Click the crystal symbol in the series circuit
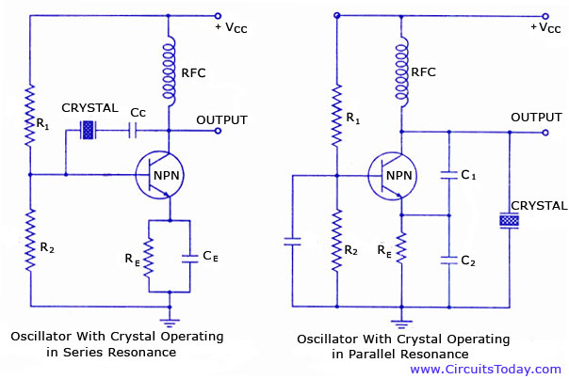[x=89, y=132]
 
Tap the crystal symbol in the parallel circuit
[x=510, y=220]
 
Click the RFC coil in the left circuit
[x=170, y=71]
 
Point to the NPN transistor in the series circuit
[x=157, y=174]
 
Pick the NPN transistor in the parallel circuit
[x=390, y=174]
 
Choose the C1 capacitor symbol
[x=448, y=176]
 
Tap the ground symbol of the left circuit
[x=170, y=310]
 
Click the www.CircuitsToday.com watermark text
[x=484, y=370]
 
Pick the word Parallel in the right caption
[x=370, y=354]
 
